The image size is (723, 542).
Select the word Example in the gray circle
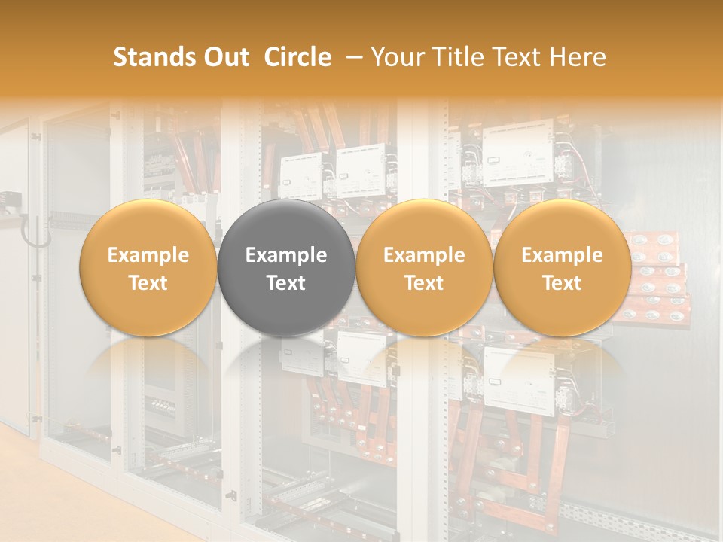click(x=286, y=255)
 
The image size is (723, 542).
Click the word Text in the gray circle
click(x=286, y=283)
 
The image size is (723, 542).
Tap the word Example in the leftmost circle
click(x=148, y=255)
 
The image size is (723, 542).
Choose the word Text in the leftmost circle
click(x=148, y=283)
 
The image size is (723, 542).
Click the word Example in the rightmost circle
click(x=562, y=255)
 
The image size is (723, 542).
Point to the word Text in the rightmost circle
click(x=562, y=283)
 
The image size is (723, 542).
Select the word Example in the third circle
click(x=424, y=255)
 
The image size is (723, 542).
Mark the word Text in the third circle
click(x=424, y=283)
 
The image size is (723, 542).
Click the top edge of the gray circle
click(x=286, y=200)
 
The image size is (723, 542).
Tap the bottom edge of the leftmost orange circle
click(x=148, y=336)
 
